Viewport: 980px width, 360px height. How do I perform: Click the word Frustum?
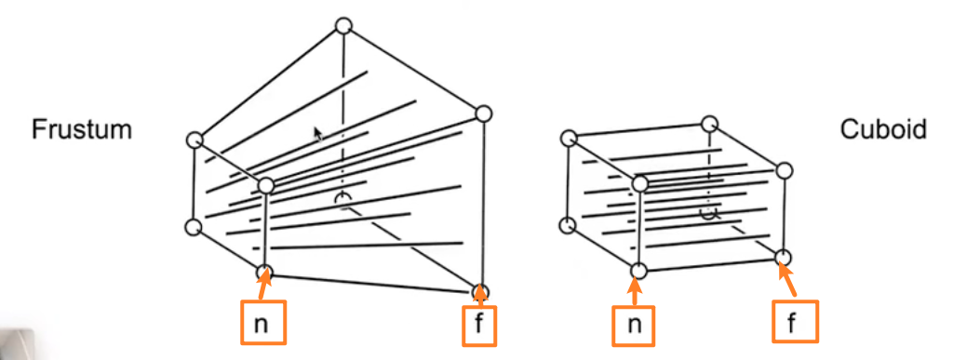tap(82, 130)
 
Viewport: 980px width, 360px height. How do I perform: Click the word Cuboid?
tap(883, 129)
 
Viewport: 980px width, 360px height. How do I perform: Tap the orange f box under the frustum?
tap(479, 326)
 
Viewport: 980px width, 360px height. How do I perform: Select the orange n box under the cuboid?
tap(634, 325)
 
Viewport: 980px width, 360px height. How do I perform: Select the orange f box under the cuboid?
tap(795, 321)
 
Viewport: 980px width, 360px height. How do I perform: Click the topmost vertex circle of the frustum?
tap(343, 26)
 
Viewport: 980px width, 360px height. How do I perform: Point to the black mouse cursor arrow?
tap(318, 134)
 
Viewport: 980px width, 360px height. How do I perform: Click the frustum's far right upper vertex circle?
tap(483, 113)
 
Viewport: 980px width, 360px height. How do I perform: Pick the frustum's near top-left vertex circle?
tap(195, 140)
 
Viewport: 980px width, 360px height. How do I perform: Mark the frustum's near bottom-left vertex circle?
tap(194, 228)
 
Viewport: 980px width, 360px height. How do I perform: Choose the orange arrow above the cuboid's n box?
tap(635, 290)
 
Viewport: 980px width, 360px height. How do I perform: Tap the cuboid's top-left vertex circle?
tap(569, 137)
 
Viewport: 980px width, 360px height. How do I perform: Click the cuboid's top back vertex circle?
tap(708, 123)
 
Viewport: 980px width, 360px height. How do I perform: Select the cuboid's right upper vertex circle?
tap(785, 170)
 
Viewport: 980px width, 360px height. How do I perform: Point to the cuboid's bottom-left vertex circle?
tap(567, 225)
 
